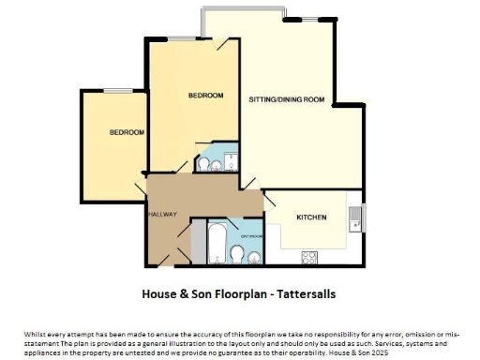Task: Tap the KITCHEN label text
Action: (311, 217)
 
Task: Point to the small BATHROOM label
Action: (251, 236)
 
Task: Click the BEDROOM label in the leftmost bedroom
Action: (127, 133)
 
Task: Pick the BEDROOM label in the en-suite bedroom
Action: (205, 96)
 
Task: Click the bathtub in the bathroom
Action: (215, 241)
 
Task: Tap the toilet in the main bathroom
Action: (234, 256)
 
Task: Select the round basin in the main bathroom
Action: (254, 256)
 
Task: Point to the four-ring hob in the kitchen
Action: (308, 256)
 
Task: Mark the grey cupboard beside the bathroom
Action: (198, 242)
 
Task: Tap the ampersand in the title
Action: (183, 293)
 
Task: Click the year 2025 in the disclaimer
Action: (377, 352)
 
